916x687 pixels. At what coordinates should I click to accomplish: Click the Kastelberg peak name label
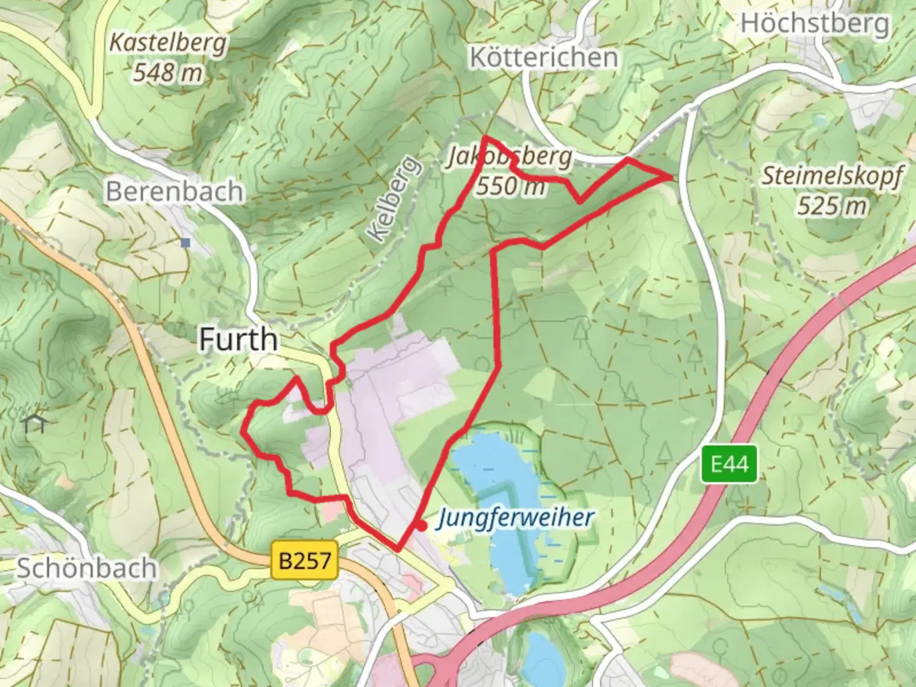pyautogui.click(x=168, y=43)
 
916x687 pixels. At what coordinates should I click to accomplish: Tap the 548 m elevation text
pyautogui.click(x=168, y=72)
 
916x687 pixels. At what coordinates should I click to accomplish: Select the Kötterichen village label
pyautogui.click(x=544, y=57)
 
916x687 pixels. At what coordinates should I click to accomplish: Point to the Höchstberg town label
pyautogui.click(x=815, y=24)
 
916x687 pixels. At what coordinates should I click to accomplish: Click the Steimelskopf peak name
pyautogui.click(x=832, y=176)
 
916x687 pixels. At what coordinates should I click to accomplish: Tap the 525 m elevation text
pyautogui.click(x=832, y=205)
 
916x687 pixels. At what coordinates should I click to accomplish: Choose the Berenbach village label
pyautogui.click(x=174, y=191)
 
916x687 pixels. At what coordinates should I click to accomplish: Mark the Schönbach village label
pyautogui.click(x=87, y=568)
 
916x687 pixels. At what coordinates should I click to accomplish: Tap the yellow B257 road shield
pyautogui.click(x=305, y=560)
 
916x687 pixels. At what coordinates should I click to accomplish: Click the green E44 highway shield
pyautogui.click(x=730, y=464)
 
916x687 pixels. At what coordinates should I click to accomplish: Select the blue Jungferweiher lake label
pyautogui.click(x=515, y=518)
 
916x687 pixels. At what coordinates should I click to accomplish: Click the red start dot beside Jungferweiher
pyautogui.click(x=421, y=525)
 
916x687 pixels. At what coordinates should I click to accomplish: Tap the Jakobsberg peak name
pyautogui.click(x=509, y=156)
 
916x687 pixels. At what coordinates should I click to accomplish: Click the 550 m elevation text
pyautogui.click(x=511, y=186)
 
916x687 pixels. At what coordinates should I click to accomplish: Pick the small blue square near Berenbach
pyautogui.click(x=185, y=243)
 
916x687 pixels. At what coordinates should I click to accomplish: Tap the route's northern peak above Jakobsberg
pyautogui.click(x=485, y=137)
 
